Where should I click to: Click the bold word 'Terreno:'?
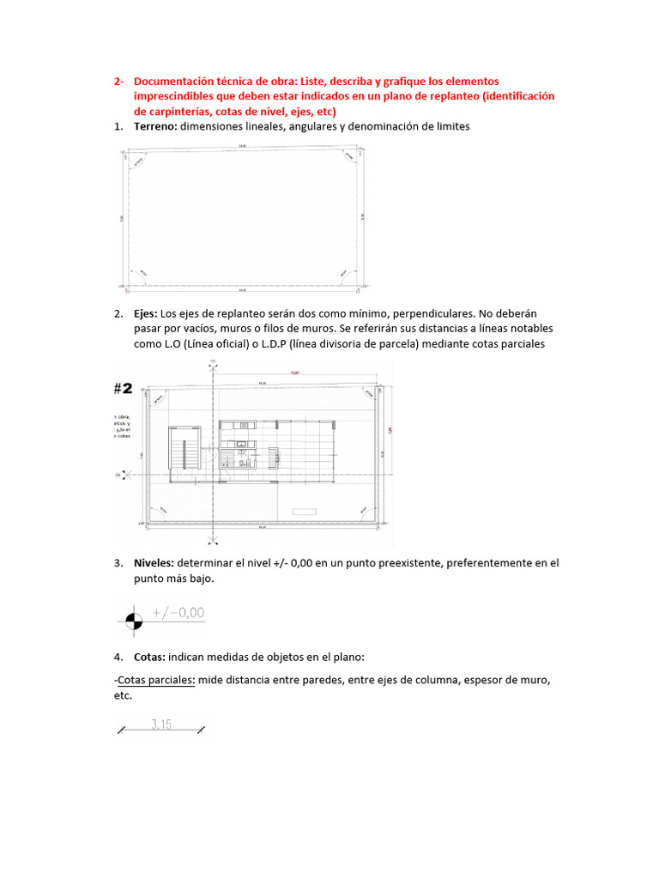(155, 127)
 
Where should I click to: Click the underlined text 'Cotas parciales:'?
(155, 681)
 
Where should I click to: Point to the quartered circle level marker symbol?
(135, 618)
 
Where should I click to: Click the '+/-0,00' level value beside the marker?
(178, 613)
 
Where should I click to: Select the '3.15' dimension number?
(160, 724)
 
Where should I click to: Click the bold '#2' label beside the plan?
(124, 388)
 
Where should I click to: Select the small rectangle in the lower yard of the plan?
(305, 512)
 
